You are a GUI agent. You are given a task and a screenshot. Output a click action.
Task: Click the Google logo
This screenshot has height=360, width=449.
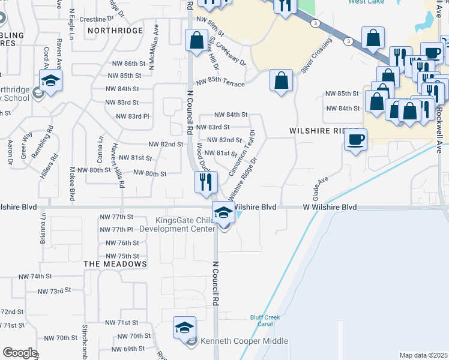(19, 353)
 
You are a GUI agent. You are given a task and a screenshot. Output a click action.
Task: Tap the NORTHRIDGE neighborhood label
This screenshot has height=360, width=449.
(115, 30)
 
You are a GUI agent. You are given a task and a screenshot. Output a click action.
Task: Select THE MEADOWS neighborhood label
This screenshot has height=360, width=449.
(115, 264)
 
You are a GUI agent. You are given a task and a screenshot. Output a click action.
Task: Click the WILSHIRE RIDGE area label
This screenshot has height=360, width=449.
(324, 130)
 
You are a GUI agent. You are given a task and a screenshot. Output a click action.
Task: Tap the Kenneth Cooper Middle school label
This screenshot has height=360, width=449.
(245, 341)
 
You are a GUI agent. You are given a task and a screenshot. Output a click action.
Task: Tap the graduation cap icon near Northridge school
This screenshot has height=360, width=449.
(51, 80)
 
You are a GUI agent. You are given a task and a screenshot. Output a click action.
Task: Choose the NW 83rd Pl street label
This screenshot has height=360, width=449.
(132, 116)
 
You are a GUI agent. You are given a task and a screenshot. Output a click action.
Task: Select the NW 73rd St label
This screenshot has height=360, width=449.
(54, 291)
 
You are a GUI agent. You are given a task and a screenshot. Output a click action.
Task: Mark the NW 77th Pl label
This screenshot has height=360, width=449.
(116, 230)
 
